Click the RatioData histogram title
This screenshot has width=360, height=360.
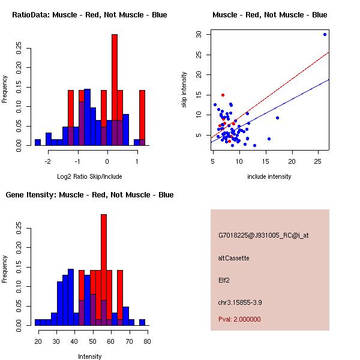89,14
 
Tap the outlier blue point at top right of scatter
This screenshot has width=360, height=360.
325,34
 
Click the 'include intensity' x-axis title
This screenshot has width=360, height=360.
269,176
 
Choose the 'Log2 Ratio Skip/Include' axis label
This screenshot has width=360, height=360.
89,176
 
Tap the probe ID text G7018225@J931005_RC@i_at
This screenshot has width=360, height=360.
262,236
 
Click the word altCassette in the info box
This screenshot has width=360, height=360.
233,258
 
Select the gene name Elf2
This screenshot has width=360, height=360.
224,280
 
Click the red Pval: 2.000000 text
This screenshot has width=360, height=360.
239,319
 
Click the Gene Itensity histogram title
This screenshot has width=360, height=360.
89,194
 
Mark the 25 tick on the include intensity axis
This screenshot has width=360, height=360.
318,161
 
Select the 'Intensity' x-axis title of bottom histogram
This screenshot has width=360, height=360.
89,356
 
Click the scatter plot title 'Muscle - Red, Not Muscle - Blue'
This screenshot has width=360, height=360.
269,14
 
